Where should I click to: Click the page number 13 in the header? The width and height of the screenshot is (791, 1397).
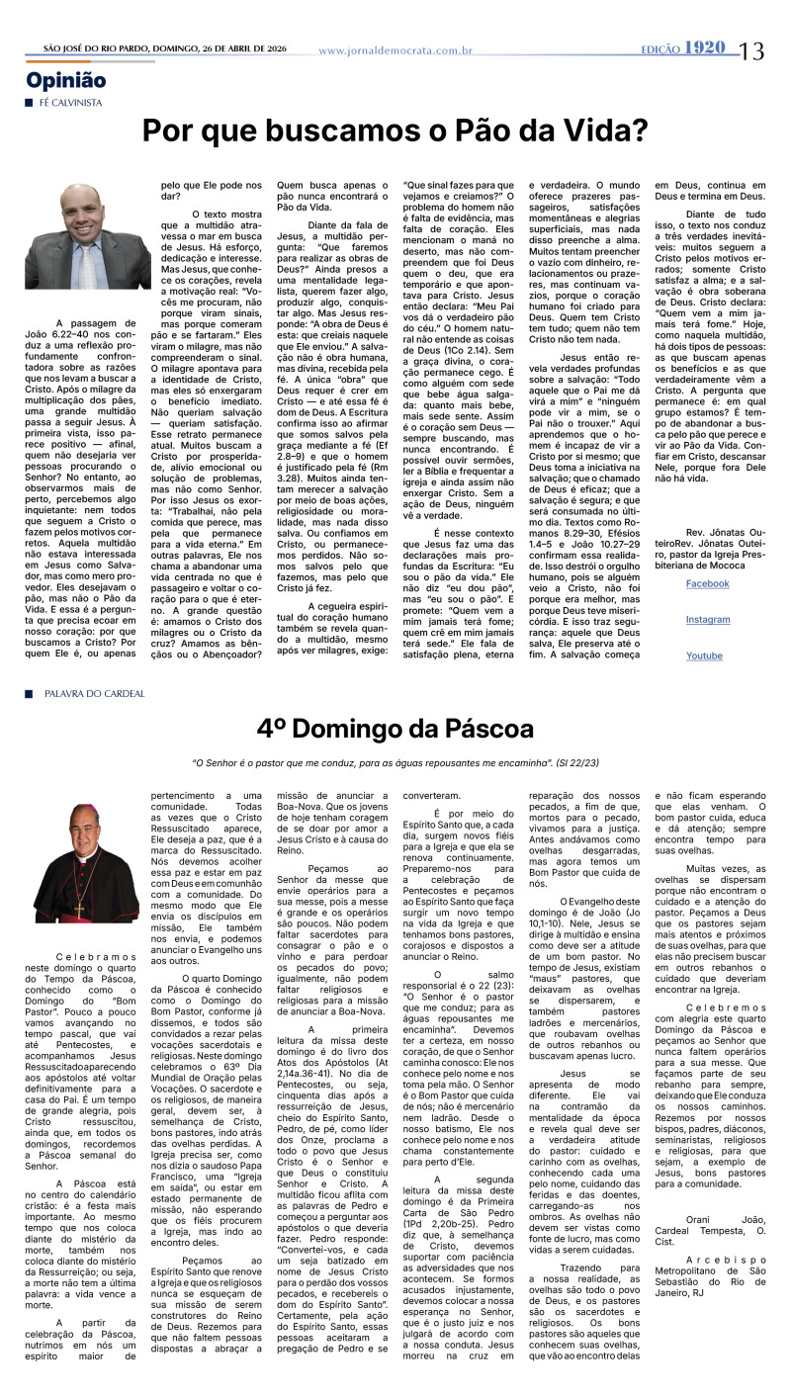coord(750,50)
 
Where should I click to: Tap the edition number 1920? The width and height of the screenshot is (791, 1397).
coord(703,47)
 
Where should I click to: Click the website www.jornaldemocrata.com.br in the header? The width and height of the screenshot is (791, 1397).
coord(395,50)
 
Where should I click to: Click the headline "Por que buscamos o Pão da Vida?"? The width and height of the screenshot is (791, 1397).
coord(395,131)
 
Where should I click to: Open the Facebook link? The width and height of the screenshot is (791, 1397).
coord(707,583)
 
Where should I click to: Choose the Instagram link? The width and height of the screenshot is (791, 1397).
coord(707,620)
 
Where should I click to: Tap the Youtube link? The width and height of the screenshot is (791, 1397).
coord(704,655)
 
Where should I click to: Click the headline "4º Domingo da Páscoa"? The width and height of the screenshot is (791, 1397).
coord(395,730)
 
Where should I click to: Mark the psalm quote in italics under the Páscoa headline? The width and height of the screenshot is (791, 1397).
coord(395,762)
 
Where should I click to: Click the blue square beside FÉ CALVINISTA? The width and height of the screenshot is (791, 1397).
coord(30,102)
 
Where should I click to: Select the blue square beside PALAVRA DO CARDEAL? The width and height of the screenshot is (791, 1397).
coord(30,693)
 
